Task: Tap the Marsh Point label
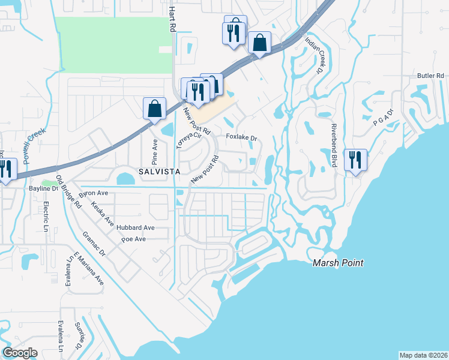click(338, 263)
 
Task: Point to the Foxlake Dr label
click(241, 137)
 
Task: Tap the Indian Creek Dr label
click(315, 55)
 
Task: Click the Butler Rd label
click(431, 76)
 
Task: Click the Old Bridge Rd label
click(68, 191)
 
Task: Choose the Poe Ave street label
click(134, 239)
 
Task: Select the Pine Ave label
click(154, 152)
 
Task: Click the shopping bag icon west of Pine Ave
click(154, 109)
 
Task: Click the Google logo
click(20, 353)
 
